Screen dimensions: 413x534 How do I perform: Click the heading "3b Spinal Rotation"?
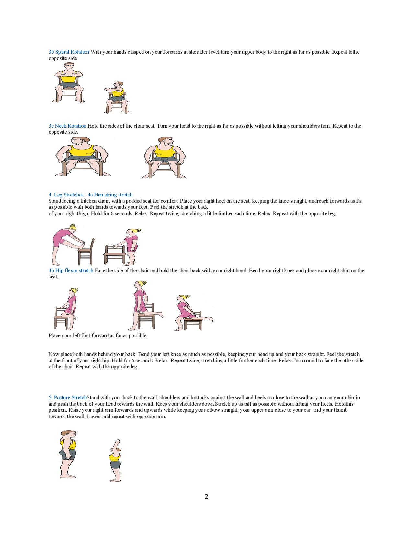(69, 52)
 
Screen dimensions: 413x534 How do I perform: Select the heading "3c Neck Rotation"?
(67, 126)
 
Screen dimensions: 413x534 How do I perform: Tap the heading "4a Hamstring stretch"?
(110, 195)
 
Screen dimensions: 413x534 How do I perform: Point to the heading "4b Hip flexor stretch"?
(71, 270)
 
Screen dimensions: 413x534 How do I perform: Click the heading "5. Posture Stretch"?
(68, 398)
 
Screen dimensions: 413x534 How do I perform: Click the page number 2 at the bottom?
(206, 496)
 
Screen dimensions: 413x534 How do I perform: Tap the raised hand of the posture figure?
(118, 441)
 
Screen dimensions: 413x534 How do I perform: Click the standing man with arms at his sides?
(68, 454)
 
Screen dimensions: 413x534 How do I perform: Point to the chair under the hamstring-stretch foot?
(86, 252)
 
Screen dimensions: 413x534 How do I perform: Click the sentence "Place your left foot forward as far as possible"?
(98, 335)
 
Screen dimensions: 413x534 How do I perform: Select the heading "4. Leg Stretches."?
(66, 195)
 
